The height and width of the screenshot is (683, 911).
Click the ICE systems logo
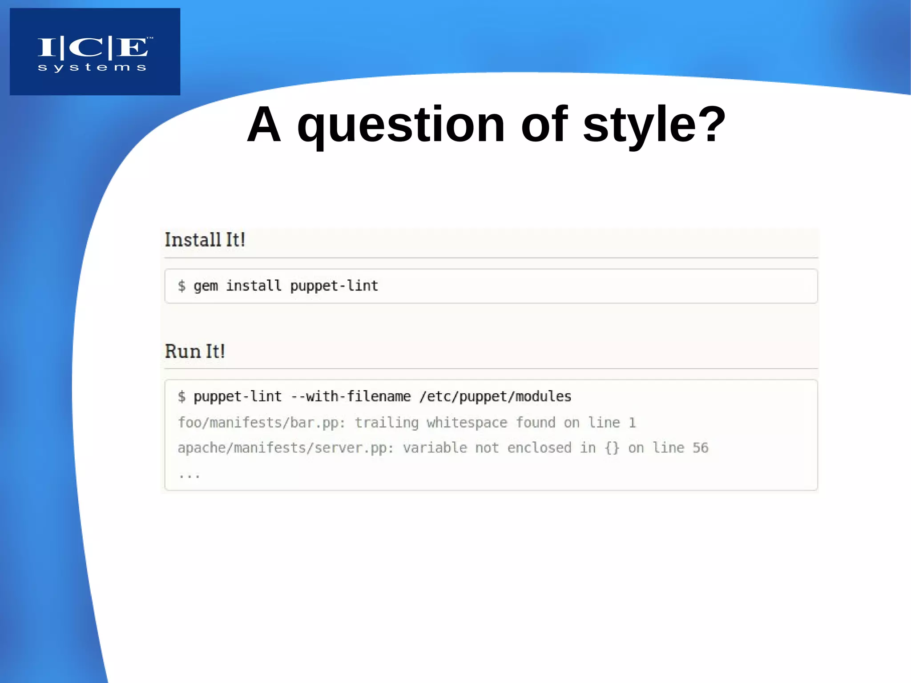[95, 51]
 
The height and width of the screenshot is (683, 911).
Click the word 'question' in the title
[401, 125]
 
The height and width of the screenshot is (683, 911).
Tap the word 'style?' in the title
[654, 125]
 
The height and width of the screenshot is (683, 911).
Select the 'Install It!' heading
[205, 240]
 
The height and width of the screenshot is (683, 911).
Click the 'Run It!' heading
[195, 351]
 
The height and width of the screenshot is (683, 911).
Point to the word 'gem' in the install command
[206, 286]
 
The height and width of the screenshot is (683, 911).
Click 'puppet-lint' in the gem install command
[334, 286]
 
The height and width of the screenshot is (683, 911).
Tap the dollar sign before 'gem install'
[181, 286]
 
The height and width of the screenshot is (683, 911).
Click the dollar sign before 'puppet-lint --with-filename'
[181, 396]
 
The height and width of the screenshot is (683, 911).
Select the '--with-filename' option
[351, 396]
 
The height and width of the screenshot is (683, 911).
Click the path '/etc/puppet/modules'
[495, 396]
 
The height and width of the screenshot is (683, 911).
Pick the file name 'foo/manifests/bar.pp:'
[262, 422]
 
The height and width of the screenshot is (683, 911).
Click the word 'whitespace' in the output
[467, 422]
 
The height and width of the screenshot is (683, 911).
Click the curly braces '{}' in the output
[612, 448]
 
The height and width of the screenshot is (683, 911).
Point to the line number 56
[700, 448]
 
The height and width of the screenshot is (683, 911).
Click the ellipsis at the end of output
[189, 475]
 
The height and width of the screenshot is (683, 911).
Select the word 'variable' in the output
[435, 448]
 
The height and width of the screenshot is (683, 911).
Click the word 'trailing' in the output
[387, 422]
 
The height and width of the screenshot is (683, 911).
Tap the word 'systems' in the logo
[92, 68]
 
